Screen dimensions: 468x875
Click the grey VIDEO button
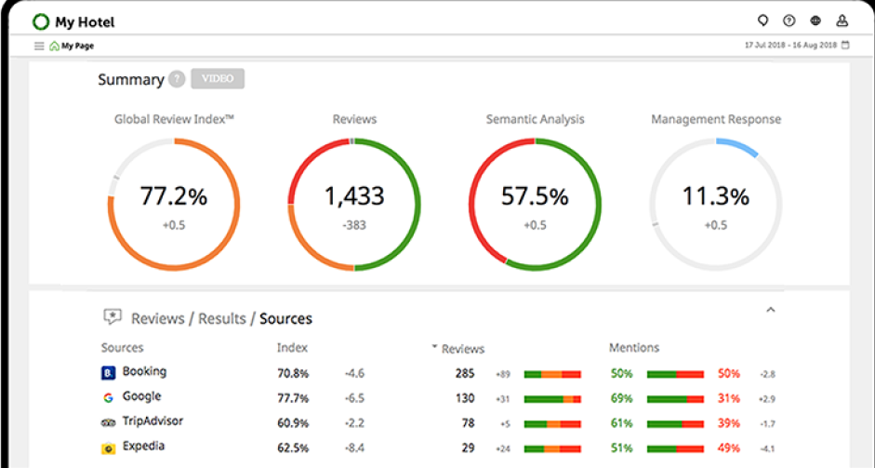click(x=218, y=79)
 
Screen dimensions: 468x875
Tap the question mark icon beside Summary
click(x=177, y=79)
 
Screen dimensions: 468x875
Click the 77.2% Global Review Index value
click(x=174, y=196)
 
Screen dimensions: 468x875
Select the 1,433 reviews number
click(x=353, y=196)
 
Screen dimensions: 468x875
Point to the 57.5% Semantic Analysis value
click(x=534, y=196)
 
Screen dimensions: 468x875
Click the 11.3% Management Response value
click(x=715, y=196)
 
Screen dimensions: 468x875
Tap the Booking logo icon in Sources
click(x=108, y=372)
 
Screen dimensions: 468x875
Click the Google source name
click(x=141, y=396)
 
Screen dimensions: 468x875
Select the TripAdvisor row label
click(x=152, y=421)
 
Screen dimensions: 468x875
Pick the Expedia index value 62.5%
click(x=292, y=448)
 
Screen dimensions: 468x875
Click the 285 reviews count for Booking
click(x=465, y=373)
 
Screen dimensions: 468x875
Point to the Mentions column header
click(x=634, y=348)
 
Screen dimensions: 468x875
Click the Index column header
click(x=292, y=348)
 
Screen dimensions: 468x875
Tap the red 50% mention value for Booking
click(x=728, y=373)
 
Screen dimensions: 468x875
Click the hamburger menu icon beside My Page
click(x=39, y=46)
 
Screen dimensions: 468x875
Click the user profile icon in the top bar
click(x=842, y=20)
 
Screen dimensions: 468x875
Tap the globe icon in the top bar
click(x=815, y=20)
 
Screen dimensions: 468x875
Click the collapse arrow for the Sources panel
click(x=770, y=310)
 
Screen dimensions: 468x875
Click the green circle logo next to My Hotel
click(x=41, y=21)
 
